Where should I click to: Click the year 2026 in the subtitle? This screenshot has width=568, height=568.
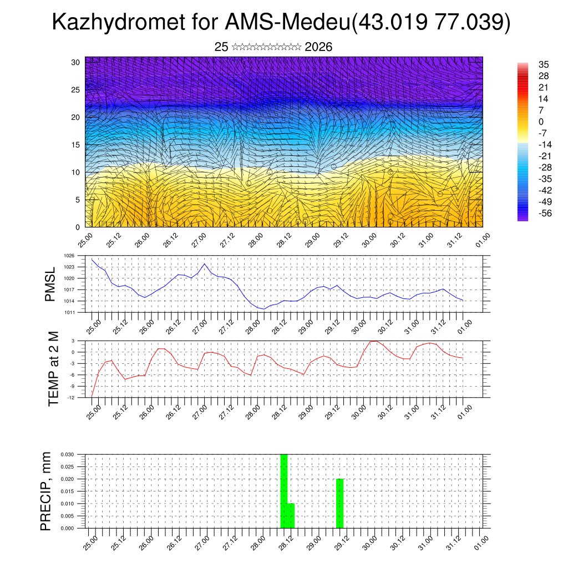pos(318,47)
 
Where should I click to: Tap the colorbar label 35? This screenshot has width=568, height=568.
pos(536,64)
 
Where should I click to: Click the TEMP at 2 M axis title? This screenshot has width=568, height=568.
pos(53,369)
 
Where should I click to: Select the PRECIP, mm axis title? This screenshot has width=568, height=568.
pos(47,491)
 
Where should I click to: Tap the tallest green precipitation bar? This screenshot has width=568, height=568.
pos(284,491)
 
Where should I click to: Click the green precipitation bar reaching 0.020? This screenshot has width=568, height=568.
pos(340,503)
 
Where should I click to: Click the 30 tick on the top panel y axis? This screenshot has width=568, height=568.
pos(75,62)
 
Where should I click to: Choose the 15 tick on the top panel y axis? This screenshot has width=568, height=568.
pos(75,145)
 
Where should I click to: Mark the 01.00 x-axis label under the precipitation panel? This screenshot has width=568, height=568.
pos(481,542)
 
